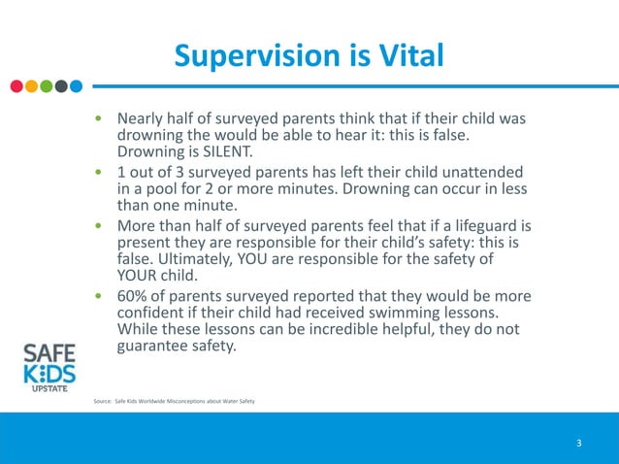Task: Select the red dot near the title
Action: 16,85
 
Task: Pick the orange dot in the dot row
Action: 31,85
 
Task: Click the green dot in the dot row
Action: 46,85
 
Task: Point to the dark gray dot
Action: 60,85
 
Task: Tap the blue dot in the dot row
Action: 76,85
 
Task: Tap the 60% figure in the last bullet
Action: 134,295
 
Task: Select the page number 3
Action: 578,444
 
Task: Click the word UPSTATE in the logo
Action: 48,388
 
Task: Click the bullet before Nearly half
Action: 97,118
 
